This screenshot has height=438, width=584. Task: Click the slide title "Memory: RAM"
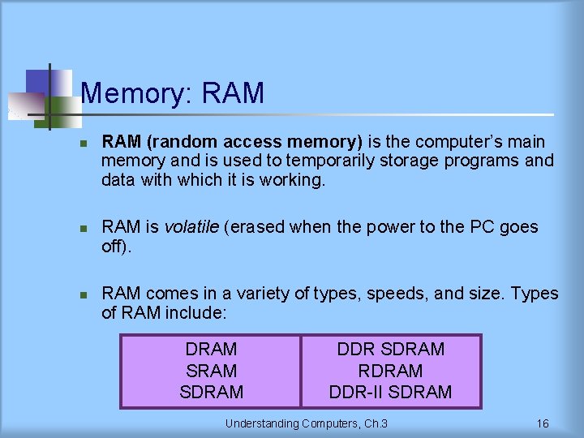point(173,94)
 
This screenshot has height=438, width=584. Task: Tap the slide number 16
point(543,423)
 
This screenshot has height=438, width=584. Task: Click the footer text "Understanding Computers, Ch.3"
point(306,423)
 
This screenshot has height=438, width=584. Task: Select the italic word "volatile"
point(191,227)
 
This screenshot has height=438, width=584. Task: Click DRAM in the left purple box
point(211,350)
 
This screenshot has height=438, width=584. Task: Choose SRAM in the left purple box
point(211,371)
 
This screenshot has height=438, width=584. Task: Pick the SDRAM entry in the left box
point(211,393)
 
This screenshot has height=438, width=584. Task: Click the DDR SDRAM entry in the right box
point(391,350)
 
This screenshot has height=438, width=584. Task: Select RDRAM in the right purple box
point(391,371)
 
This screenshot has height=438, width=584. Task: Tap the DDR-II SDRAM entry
point(391,393)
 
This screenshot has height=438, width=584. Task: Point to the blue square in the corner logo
point(37,82)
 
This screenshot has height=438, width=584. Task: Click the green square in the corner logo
point(57,109)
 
